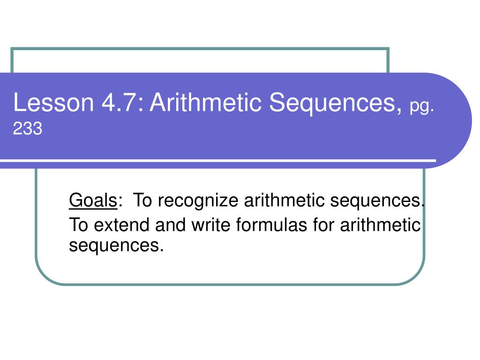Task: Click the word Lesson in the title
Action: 53,102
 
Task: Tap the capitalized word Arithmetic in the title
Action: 205,102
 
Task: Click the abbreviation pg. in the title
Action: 422,107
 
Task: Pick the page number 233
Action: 28,128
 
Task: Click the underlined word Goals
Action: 93,201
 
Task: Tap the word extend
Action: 121,225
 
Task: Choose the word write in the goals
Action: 210,225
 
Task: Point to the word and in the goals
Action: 170,225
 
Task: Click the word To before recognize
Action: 142,201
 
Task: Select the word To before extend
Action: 78,225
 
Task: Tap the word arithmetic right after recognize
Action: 284,201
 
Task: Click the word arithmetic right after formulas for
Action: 380,225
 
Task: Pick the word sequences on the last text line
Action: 116,246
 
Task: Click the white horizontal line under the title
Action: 218,161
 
